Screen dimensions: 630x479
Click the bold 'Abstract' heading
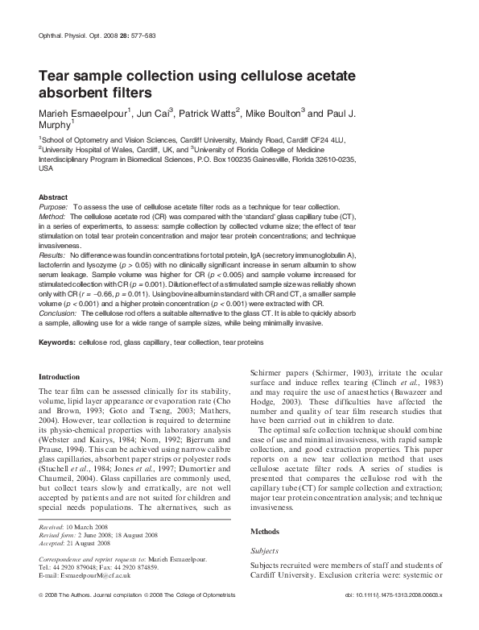[53, 197]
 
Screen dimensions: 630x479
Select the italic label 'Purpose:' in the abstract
[54, 207]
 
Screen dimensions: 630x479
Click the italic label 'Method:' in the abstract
[52, 217]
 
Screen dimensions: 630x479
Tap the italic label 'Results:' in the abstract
[53, 255]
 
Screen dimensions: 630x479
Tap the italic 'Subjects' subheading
[265, 551]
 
